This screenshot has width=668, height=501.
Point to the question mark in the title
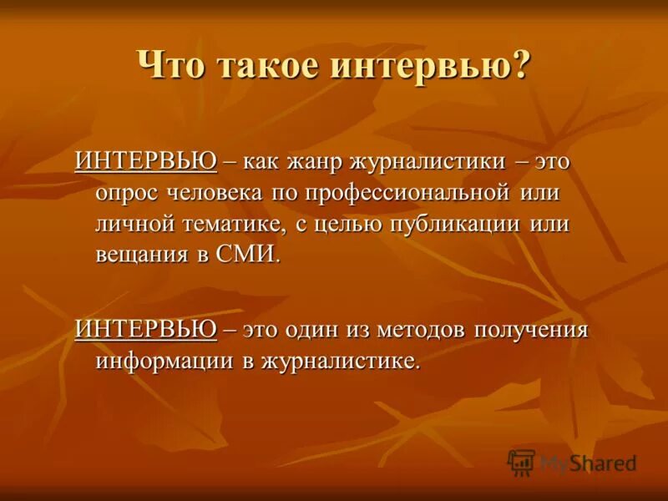pos(520,65)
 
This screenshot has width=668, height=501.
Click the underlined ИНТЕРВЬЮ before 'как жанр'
pos(145,159)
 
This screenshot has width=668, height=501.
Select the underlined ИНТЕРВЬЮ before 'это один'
pos(145,329)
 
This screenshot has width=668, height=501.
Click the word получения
pos(532,330)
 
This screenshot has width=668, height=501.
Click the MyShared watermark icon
pos(521,462)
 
